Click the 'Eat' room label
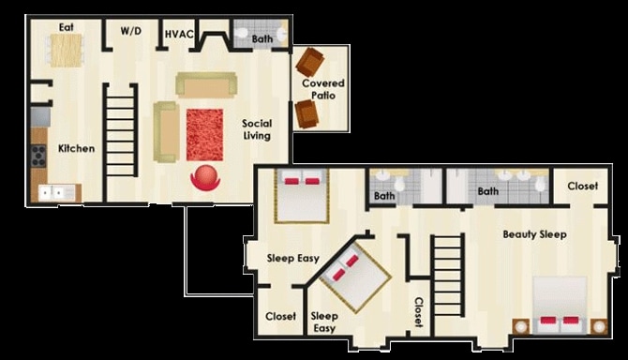(x=67, y=27)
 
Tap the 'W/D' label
(x=130, y=32)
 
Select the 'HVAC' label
(x=179, y=35)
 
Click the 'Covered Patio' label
(x=321, y=90)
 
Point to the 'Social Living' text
(x=256, y=129)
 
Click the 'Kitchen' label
(x=76, y=148)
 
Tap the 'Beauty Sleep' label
(x=533, y=234)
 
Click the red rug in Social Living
(x=204, y=134)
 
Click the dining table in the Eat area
(x=67, y=50)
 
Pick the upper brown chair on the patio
(x=309, y=62)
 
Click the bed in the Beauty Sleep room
(x=561, y=307)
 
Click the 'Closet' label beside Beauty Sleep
(x=582, y=186)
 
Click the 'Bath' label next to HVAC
(x=262, y=39)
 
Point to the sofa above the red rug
(x=205, y=85)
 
